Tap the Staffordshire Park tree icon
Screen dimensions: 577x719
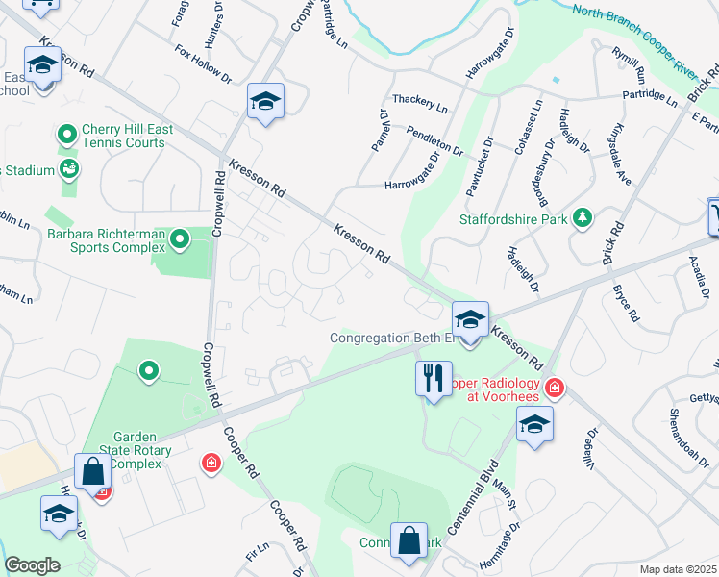pos(581,217)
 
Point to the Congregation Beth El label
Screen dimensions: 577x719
pos(391,338)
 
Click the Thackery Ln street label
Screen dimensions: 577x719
pos(420,103)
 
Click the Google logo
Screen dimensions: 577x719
pos(32,565)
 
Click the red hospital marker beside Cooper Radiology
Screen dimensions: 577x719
pos(554,388)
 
